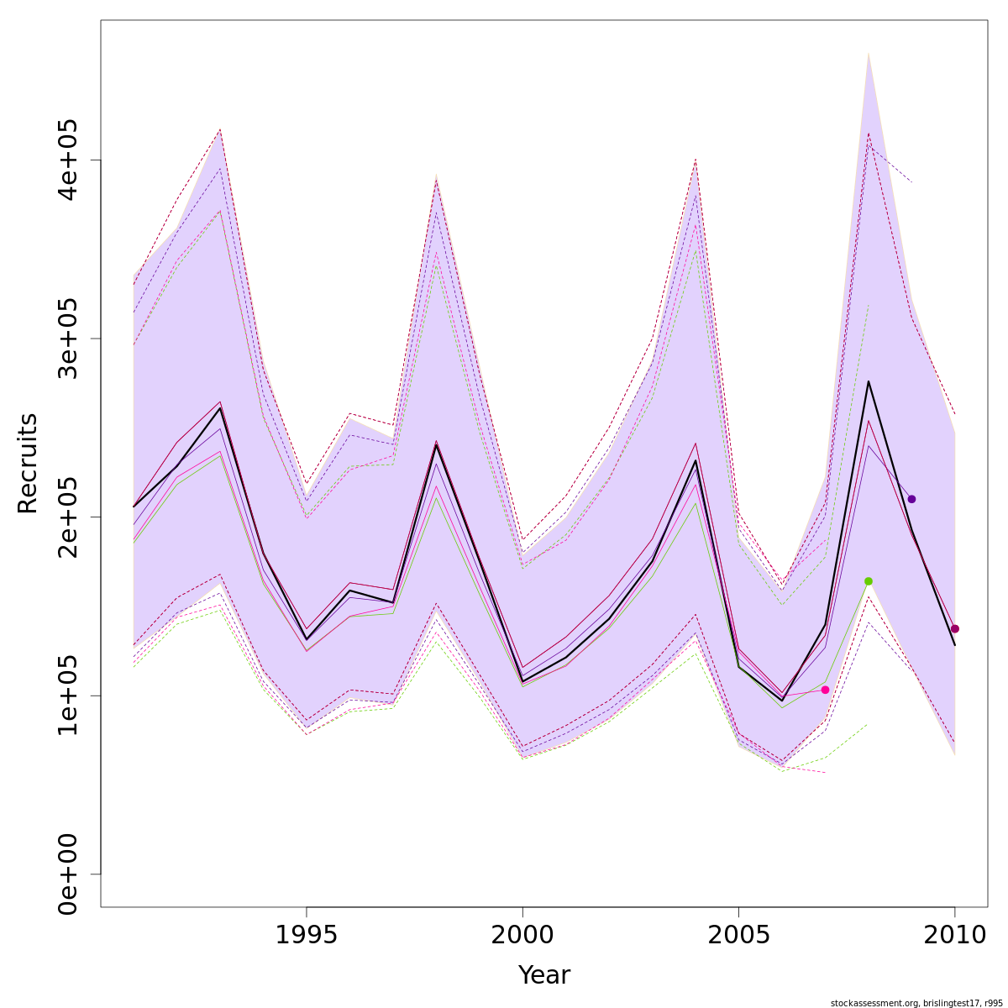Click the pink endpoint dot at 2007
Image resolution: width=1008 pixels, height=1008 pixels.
[825, 690]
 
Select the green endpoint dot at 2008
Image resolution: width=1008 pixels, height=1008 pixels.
[869, 581]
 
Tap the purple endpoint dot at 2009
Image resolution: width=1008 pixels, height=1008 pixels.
[911, 499]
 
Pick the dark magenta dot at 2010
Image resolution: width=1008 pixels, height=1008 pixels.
[955, 628]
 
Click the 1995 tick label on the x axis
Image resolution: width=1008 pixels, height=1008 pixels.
[307, 935]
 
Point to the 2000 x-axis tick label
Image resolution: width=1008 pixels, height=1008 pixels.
[522, 935]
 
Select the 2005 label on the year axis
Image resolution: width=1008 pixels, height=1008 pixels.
[738, 935]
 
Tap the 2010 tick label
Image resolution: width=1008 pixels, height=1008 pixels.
[954, 935]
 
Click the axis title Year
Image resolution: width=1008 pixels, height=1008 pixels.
[543, 975]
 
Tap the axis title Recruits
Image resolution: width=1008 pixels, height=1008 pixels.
[28, 463]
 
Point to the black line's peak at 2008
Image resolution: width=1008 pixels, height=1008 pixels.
[869, 381]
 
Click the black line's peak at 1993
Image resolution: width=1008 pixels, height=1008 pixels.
[220, 408]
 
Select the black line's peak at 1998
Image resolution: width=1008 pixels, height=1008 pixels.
[436, 444]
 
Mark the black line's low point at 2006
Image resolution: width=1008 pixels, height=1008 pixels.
[782, 701]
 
